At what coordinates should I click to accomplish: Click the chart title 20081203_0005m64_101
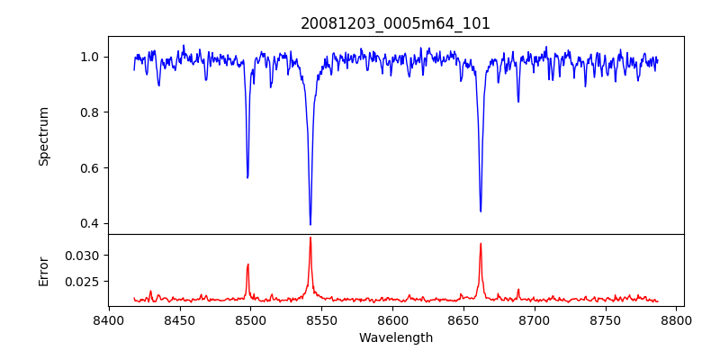point(395,23)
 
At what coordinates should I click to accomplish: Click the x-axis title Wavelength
point(395,338)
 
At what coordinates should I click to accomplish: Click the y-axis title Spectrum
point(44,136)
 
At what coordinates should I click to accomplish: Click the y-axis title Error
point(44,270)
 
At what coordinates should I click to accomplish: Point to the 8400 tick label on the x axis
point(109,319)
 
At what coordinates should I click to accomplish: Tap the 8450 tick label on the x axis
point(180,319)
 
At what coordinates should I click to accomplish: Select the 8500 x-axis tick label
point(251,319)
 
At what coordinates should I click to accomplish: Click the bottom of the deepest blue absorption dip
point(310,224)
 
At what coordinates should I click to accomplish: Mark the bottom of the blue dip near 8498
point(247,177)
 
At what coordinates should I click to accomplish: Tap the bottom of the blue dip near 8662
point(481,211)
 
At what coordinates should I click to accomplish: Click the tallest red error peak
point(310,238)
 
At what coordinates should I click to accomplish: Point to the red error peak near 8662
point(481,243)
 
